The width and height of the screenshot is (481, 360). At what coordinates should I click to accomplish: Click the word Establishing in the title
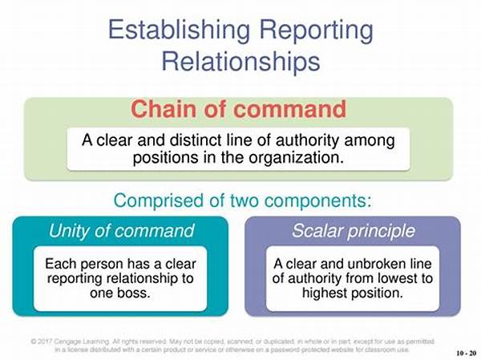(x=179, y=30)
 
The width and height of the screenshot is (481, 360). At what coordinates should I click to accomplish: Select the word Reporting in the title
(x=317, y=31)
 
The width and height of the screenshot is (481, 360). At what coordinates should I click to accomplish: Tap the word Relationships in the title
(x=240, y=62)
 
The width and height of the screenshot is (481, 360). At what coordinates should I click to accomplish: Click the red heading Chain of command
(x=239, y=109)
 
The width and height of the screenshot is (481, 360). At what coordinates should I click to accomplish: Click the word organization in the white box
(x=296, y=159)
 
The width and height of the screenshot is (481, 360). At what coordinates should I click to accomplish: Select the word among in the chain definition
(x=370, y=141)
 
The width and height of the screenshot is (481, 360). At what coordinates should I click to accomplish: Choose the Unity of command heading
(x=122, y=230)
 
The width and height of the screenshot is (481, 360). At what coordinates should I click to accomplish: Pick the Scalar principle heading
(x=353, y=231)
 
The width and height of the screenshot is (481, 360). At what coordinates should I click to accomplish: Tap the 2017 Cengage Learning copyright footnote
(x=232, y=346)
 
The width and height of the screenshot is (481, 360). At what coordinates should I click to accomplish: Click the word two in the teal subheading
(x=245, y=200)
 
